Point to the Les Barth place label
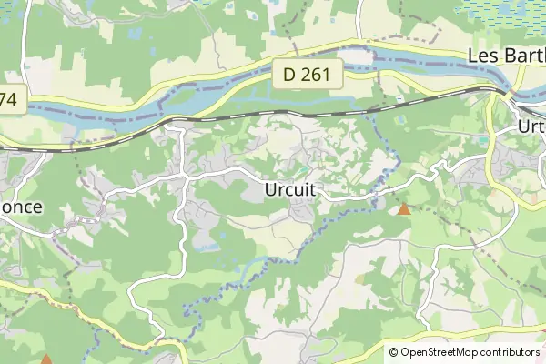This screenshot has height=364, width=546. click(505, 56)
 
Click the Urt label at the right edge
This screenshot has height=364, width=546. click(530, 126)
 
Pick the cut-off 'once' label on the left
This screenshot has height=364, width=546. click(21, 207)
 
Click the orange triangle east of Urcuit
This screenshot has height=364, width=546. click(404, 209)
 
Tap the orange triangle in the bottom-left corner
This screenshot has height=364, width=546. click(46, 359)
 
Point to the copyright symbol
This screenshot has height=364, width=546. click(394, 352)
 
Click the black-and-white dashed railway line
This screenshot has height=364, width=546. click(273, 114)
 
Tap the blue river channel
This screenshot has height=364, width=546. click(109, 112)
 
